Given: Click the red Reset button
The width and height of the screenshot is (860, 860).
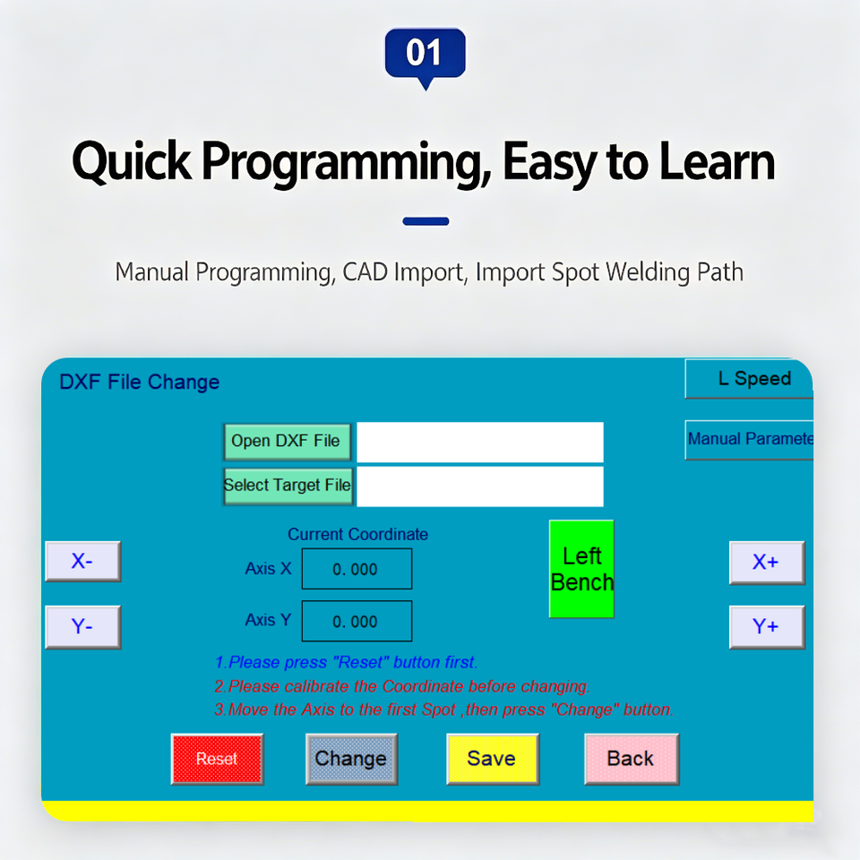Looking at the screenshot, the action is coord(217,759).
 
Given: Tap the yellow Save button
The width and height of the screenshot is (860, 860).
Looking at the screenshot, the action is coord(493,759).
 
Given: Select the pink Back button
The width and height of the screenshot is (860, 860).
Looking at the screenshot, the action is coord(632,759).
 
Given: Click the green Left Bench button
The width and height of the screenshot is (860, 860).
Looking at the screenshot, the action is coord(581,569).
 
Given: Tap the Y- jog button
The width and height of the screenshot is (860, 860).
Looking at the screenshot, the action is coord(82,627).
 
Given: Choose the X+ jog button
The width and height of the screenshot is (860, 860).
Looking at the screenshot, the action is coord(767,563).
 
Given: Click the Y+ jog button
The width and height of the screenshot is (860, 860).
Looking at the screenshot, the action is coord(767,627).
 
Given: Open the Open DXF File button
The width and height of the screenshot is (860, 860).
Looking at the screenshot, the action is coord(287,442).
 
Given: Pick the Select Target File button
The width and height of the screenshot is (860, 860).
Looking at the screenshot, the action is coord(288,486).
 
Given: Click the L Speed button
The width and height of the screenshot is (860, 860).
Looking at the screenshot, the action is coord(749,378).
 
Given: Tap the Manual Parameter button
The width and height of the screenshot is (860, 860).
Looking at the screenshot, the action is coord(749,439).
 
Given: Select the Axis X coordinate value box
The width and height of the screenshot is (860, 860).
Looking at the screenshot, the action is coord(357,569).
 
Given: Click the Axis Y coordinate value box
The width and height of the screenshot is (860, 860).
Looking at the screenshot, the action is coord(357,621).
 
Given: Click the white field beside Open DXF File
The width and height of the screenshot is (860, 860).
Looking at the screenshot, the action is coord(480,442).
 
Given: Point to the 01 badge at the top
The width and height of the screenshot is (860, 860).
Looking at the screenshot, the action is coord(425,56).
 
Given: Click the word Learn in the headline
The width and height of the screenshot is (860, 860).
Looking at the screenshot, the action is coord(717,161).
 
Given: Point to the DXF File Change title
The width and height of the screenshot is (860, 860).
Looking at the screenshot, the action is coord(140,382).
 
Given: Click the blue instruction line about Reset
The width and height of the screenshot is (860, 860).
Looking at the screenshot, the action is coord(346,663).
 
